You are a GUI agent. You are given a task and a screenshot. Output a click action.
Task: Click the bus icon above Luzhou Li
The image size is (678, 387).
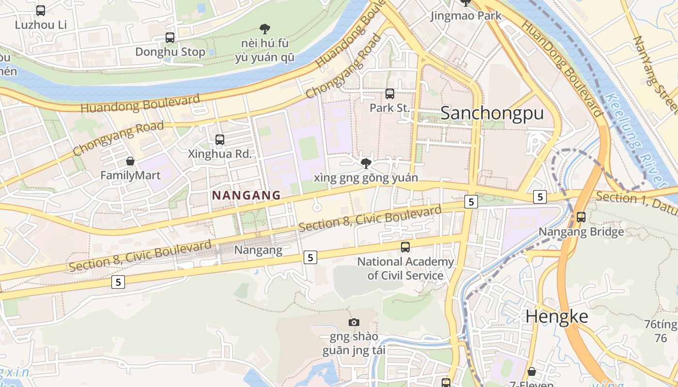(x=41, y=10)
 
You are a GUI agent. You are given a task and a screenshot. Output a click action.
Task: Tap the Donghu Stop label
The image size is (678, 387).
(x=170, y=52)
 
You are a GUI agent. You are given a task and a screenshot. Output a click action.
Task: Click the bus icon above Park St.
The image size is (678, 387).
(x=390, y=94)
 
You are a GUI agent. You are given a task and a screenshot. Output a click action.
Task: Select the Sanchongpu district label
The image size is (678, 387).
(x=492, y=113)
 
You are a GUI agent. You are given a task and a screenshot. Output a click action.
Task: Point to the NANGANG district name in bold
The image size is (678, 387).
(x=247, y=195)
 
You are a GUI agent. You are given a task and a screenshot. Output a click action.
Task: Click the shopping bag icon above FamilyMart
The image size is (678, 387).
(x=130, y=161)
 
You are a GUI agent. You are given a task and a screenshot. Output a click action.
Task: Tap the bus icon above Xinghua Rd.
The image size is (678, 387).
(x=220, y=140)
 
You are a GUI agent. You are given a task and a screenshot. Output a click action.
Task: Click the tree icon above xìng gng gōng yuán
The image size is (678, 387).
(x=366, y=164)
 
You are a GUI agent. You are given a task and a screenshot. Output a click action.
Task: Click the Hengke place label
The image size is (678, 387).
(x=557, y=316)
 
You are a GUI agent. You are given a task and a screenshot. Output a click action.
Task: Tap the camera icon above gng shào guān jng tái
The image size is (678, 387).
(x=354, y=322)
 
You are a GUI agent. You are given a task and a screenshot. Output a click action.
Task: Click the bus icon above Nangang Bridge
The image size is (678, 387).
(x=581, y=217)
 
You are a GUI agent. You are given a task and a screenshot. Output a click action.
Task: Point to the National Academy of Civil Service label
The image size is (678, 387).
(x=405, y=268)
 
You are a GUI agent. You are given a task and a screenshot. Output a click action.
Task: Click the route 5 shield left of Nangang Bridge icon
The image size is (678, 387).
(x=540, y=197)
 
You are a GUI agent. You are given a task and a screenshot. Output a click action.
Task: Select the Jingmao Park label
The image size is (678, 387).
(x=466, y=16)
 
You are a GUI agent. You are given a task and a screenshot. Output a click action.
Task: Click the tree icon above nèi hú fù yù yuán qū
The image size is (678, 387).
(x=264, y=29)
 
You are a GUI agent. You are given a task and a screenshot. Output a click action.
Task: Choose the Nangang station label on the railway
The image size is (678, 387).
(x=258, y=250)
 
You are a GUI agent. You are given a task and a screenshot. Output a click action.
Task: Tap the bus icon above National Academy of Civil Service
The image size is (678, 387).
(x=405, y=247)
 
